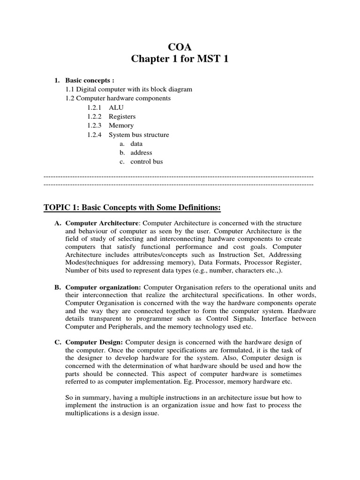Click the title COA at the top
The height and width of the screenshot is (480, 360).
coord(180,47)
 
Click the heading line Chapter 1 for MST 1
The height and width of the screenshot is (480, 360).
coord(180,60)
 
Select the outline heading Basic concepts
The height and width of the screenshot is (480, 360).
coord(90,80)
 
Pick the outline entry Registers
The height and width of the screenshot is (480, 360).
coord(122,116)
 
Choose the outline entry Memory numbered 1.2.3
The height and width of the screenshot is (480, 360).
coord(121,125)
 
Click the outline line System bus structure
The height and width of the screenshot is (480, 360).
coord(139,135)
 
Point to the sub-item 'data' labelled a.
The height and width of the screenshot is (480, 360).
coord(136,143)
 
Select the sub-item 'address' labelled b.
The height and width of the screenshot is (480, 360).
coord(141,152)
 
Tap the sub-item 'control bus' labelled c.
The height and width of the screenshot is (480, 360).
coord(147,161)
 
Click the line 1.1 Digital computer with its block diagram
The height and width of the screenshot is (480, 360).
coord(128,89)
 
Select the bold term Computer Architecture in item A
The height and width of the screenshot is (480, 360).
coord(102,223)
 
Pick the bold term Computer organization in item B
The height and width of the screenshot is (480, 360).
coord(103,287)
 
